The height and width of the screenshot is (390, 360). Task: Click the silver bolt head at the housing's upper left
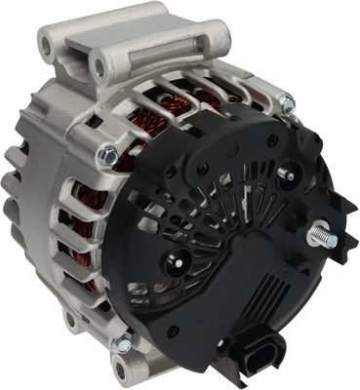108,153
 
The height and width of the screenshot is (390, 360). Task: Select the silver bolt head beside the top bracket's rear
286,103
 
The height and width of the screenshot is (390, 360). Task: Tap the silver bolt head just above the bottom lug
121,343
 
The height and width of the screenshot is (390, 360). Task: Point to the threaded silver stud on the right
321,238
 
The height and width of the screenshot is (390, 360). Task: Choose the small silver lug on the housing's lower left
74,319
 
